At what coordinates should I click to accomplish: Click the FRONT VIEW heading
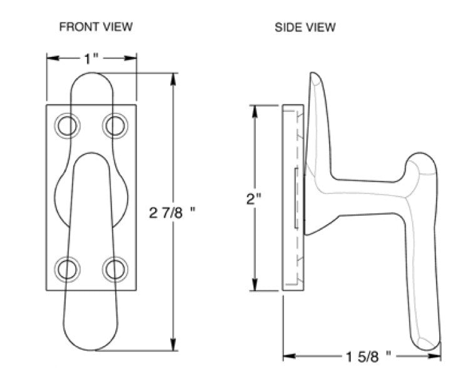pyautogui.click(x=96, y=27)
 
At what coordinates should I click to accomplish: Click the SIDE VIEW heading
pyautogui.click(x=305, y=27)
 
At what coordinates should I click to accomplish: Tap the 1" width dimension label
pyautogui.click(x=91, y=59)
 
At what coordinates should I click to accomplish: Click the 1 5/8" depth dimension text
pyautogui.click(x=362, y=355)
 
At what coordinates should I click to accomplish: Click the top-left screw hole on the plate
pyautogui.click(x=67, y=126)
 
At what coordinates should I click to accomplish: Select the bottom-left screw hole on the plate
pyautogui.click(x=67, y=270)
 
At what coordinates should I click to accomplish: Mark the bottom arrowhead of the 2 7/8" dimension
pyautogui.click(x=173, y=345)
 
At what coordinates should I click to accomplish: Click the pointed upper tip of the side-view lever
pyautogui.click(x=315, y=75)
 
